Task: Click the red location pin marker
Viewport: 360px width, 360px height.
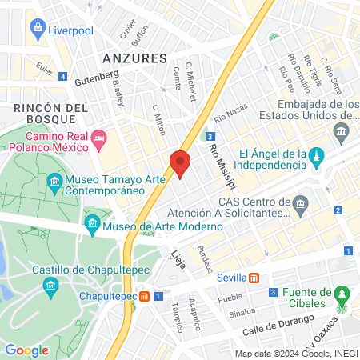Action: [180, 164]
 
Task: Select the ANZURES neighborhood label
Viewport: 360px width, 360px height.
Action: [134, 58]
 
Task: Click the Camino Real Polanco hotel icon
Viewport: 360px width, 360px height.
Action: [100, 140]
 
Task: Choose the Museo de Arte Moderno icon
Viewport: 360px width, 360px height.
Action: [92, 222]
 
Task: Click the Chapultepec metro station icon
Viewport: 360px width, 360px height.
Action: [144, 296]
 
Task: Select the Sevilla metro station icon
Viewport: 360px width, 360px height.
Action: [253, 278]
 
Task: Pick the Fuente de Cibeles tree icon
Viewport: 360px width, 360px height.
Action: [342, 294]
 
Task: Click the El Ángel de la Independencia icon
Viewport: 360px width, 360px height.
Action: [317, 154]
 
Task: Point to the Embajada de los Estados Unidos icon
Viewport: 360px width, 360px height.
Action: [343, 132]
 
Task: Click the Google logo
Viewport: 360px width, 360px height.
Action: [26, 350]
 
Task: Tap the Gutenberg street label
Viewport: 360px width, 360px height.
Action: [96, 75]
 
